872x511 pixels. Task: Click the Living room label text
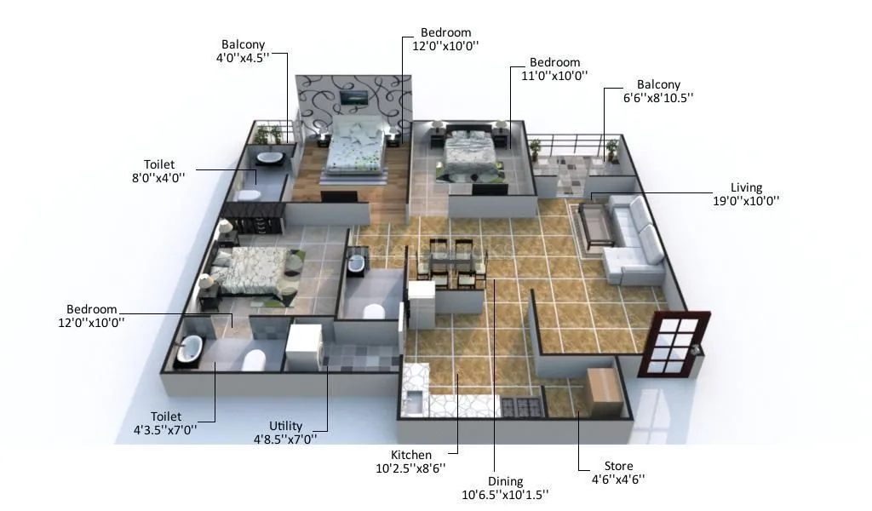pos(746,187)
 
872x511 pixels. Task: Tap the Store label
pos(618,466)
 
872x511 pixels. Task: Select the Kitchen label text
pos(410,455)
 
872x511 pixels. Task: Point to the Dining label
pos(505,481)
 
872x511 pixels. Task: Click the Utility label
pos(284,426)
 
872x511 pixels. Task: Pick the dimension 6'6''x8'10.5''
pos(658,98)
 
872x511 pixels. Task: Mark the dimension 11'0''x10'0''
pos(554,75)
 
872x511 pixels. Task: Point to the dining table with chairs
pos(450,260)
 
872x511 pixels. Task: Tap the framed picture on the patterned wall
pos(353,98)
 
